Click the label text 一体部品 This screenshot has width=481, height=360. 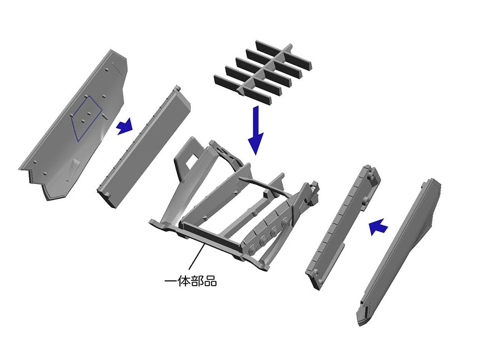pyautogui.click(x=190, y=281)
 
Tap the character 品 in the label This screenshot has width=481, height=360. pyautogui.click(x=211, y=281)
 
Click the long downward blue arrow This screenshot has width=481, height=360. pyautogui.click(x=255, y=130)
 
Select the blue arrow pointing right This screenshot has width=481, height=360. pyautogui.click(x=125, y=126)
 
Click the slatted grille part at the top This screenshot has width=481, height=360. pyautogui.click(x=263, y=72)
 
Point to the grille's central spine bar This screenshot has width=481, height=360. pyautogui.click(x=265, y=69)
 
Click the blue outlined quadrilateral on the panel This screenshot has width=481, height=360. pyautogui.click(x=86, y=118)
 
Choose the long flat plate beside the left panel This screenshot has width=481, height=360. pyautogui.click(x=144, y=147)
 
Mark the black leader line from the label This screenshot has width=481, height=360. pyautogui.click(x=197, y=257)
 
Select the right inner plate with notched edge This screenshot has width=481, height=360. pyautogui.click(x=342, y=227)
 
